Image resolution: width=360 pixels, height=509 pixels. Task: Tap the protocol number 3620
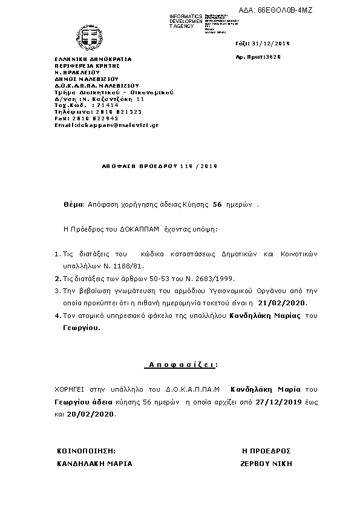pyautogui.click(x=273, y=56)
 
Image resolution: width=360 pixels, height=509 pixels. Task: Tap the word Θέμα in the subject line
pyautogui.click(x=71, y=205)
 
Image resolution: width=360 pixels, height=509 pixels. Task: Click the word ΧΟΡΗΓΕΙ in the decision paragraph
pyautogui.click(x=71, y=389)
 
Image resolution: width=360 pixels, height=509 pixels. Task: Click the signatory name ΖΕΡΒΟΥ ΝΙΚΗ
pyautogui.click(x=266, y=464)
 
